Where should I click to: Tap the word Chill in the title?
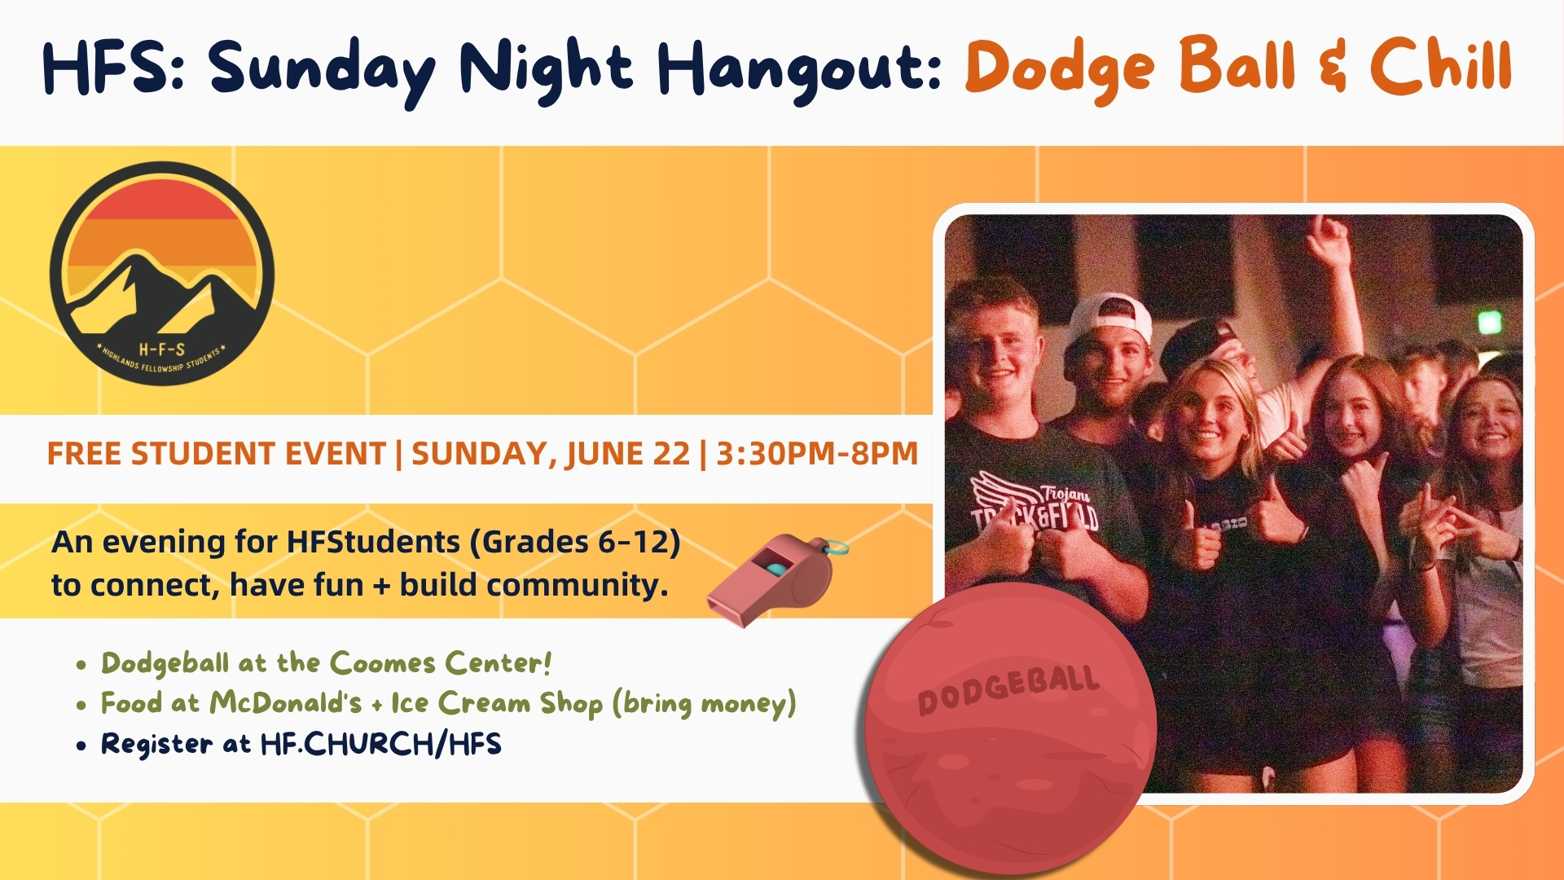(x=1440, y=64)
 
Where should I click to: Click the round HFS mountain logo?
(x=162, y=273)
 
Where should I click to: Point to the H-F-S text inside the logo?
(x=162, y=350)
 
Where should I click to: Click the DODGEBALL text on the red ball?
(x=1008, y=689)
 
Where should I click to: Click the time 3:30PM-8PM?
(x=817, y=454)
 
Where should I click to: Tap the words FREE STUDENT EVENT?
(x=216, y=454)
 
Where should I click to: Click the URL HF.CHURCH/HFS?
(x=380, y=744)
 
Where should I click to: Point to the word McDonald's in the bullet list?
(x=285, y=702)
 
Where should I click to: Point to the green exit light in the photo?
(x=1490, y=323)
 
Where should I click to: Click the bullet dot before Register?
(x=81, y=745)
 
